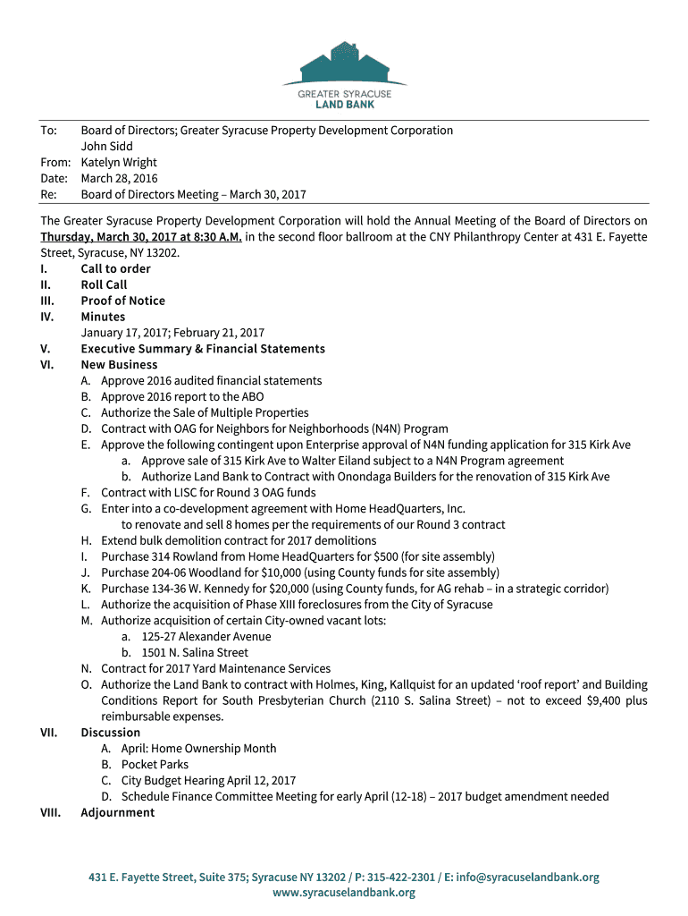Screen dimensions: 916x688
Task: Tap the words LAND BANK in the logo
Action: [344, 105]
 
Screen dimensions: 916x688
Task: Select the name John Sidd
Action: [107, 147]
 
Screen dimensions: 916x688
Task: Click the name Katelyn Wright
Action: [119, 163]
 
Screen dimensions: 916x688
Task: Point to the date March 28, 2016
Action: [119, 179]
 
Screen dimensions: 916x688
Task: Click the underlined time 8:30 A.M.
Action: [214, 237]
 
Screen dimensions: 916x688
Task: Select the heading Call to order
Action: [115, 269]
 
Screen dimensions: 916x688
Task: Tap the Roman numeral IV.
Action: [47, 317]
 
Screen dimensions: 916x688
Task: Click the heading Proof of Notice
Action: [122, 301]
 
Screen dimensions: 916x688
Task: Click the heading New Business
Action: [119, 365]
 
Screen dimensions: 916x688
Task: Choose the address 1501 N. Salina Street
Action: [195, 653]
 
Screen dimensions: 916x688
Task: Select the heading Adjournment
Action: [117, 813]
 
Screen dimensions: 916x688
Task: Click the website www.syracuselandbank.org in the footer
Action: [344, 893]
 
